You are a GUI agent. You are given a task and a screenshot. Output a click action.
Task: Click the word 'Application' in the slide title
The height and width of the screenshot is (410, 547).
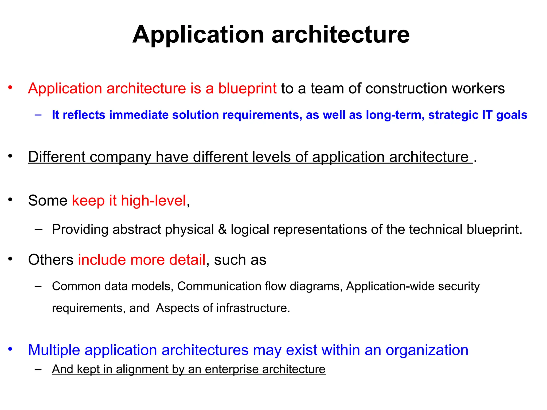[x=198, y=35]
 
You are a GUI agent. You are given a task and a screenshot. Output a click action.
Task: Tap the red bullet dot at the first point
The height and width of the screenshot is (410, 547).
[x=10, y=87]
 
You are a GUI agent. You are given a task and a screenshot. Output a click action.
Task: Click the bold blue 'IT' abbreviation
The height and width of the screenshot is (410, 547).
[x=487, y=115]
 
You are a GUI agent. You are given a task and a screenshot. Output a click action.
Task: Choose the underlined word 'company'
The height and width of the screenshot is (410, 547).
[x=120, y=157]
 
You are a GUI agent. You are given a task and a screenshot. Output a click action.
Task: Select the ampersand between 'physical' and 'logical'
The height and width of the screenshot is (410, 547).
[x=222, y=229]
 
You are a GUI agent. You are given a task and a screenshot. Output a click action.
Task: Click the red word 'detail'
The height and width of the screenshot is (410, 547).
[x=187, y=260]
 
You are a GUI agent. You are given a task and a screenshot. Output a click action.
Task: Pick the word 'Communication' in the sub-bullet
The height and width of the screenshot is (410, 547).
[x=219, y=286]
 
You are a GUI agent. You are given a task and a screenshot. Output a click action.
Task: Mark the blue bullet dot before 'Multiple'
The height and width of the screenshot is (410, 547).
[x=10, y=349]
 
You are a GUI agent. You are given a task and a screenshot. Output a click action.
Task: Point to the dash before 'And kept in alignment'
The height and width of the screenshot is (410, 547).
[x=38, y=369]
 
